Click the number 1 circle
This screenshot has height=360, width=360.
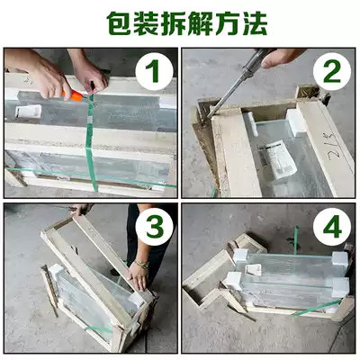pos(154,72)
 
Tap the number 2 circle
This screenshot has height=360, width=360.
pos(332,72)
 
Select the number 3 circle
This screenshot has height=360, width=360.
pos(154,228)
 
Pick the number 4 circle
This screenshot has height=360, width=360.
pos(332,228)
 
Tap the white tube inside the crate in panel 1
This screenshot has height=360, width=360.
pos(28,111)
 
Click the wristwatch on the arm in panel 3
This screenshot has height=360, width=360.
pos(141,265)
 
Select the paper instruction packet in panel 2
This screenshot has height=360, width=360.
pos(277,159)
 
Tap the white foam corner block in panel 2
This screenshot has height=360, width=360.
pos(296,122)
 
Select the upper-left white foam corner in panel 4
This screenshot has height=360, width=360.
pos(241,256)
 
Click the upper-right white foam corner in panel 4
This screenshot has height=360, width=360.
pos(340,259)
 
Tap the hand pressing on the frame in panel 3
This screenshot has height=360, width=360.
pos(138,277)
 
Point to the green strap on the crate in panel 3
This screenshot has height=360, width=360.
pos(99,329)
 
